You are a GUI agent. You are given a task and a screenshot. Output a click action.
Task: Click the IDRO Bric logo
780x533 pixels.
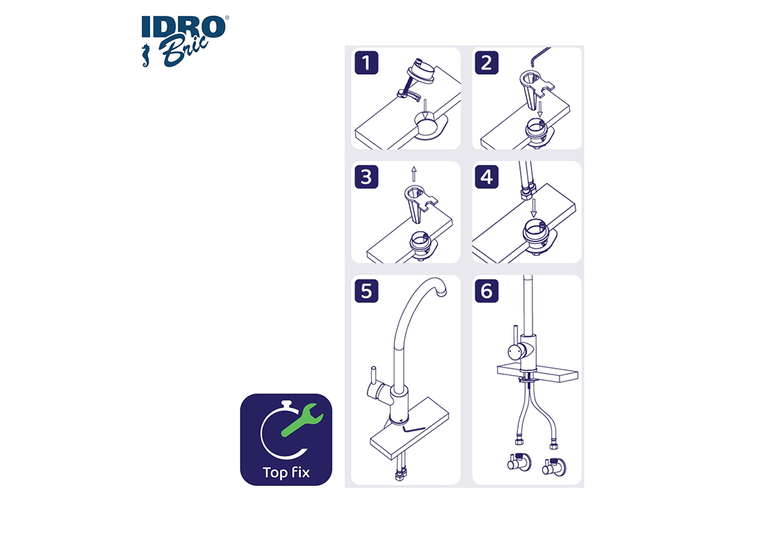click(x=185, y=41)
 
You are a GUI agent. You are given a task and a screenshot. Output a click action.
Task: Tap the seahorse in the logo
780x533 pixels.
click(x=146, y=55)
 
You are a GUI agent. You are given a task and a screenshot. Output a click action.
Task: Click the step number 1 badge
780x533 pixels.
click(x=367, y=62)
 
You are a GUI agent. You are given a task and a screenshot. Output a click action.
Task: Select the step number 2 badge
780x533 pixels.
click(x=486, y=62)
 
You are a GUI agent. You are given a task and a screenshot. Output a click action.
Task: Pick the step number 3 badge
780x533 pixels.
click(x=367, y=177)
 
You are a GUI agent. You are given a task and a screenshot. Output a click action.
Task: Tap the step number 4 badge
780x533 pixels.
click(x=486, y=177)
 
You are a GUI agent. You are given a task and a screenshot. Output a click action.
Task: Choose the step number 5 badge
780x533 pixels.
click(x=367, y=291)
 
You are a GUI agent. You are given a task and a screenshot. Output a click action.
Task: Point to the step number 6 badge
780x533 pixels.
click(x=486, y=291)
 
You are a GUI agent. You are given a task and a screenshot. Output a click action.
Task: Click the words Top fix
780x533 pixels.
click(x=286, y=473)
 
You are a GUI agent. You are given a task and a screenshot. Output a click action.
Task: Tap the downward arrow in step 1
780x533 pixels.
click(x=424, y=109)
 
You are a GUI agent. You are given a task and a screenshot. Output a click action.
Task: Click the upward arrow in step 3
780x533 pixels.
click(x=413, y=174)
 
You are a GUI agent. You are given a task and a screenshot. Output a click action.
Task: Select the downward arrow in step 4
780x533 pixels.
click(x=534, y=208)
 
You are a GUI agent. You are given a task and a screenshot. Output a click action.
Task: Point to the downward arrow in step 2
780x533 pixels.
click(x=540, y=109)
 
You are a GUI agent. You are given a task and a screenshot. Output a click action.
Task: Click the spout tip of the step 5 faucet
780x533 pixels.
click(x=441, y=293)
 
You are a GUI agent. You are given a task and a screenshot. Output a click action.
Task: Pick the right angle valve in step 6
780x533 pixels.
click(x=554, y=467)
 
